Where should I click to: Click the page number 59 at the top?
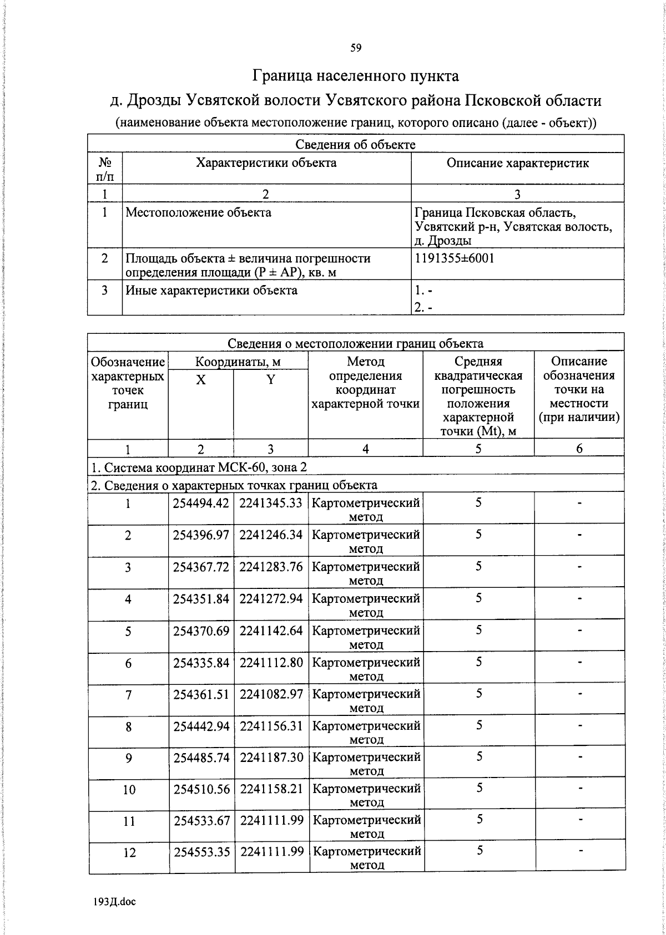(x=356, y=48)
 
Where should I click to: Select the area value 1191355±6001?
(x=454, y=258)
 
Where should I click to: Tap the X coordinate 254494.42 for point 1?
(x=201, y=503)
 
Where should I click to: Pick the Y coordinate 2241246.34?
(x=271, y=535)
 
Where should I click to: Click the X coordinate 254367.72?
(x=201, y=567)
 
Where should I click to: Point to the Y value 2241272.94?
(x=271, y=599)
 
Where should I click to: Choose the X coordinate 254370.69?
(x=201, y=631)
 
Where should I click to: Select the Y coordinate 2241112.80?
(x=271, y=662)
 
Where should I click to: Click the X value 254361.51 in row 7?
(x=201, y=694)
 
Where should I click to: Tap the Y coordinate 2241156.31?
(x=271, y=726)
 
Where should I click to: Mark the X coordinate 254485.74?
(x=201, y=758)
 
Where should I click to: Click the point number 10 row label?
(x=129, y=790)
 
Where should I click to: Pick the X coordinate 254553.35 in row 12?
(x=201, y=852)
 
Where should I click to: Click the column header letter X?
(x=201, y=380)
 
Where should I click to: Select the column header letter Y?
(x=270, y=380)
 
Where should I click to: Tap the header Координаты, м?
(x=238, y=362)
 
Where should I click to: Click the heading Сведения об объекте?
(x=355, y=145)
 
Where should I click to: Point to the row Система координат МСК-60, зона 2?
(x=199, y=468)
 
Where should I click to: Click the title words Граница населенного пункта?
(x=356, y=75)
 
